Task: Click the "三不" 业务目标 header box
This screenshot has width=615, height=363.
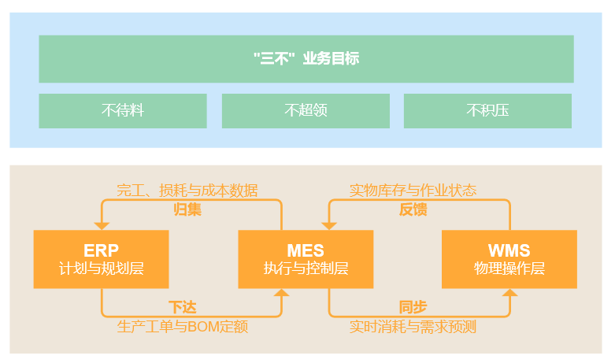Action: (306, 58)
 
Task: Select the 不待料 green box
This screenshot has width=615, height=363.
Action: (123, 110)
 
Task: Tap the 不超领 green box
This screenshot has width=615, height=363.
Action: (306, 110)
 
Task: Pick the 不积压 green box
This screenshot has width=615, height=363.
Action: (488, 110)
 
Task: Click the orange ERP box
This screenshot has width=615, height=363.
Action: (101, 258)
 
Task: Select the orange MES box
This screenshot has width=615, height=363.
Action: (306, 258)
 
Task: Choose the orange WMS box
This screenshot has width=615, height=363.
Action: (509, 258)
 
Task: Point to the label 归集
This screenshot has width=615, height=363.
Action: (187, 209)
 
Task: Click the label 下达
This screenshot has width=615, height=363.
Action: (182, 307)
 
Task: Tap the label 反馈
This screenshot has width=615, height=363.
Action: (413, 209)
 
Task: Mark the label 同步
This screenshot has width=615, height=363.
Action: (413, 307)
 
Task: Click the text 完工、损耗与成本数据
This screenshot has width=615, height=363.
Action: (187, 191)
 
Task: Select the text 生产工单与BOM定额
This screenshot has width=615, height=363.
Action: (187, 326)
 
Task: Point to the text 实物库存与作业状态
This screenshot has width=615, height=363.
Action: (413, 191)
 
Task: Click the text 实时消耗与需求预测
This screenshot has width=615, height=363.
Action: (413, 326)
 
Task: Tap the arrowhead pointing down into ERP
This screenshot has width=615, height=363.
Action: (102, 226)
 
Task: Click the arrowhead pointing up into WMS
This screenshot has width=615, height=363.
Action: (509, 292)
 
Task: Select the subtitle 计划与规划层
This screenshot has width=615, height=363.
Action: (101, 269)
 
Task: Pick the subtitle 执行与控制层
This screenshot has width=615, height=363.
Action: (306, 269)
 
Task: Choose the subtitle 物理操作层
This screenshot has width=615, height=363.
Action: (509, 269)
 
